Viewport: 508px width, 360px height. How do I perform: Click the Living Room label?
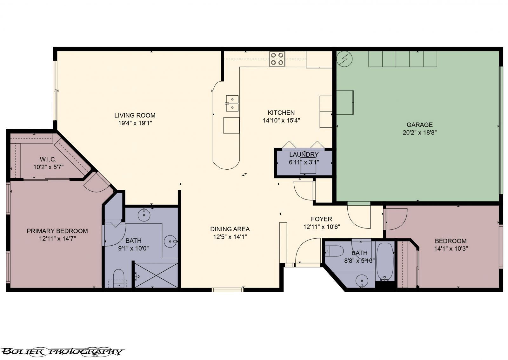point(135,115)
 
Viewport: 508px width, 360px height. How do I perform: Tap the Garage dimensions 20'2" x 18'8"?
point(420,133)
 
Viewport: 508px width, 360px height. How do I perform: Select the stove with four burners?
point(277,59)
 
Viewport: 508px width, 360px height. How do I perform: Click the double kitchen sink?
point(232,103)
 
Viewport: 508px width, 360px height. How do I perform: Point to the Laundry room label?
point(304,154)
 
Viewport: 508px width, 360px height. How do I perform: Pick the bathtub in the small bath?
point(385,261)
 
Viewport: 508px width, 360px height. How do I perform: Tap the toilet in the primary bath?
point(119,276)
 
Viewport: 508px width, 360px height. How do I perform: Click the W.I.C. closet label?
point(48,159)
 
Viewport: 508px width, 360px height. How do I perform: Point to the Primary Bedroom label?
point(57,231)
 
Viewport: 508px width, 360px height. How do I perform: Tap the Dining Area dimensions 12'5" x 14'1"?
point(230,237)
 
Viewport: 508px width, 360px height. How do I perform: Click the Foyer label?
point(321,219)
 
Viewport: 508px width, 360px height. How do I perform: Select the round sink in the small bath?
point(362,280)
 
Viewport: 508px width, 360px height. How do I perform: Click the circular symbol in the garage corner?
point(344,58)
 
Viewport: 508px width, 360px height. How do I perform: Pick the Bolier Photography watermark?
point(62,351)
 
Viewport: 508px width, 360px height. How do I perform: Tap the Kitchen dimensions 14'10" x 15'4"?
point(281,120)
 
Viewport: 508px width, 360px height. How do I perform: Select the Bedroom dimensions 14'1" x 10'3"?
point(451,249)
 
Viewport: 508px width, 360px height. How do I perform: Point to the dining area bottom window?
point(227,289)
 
